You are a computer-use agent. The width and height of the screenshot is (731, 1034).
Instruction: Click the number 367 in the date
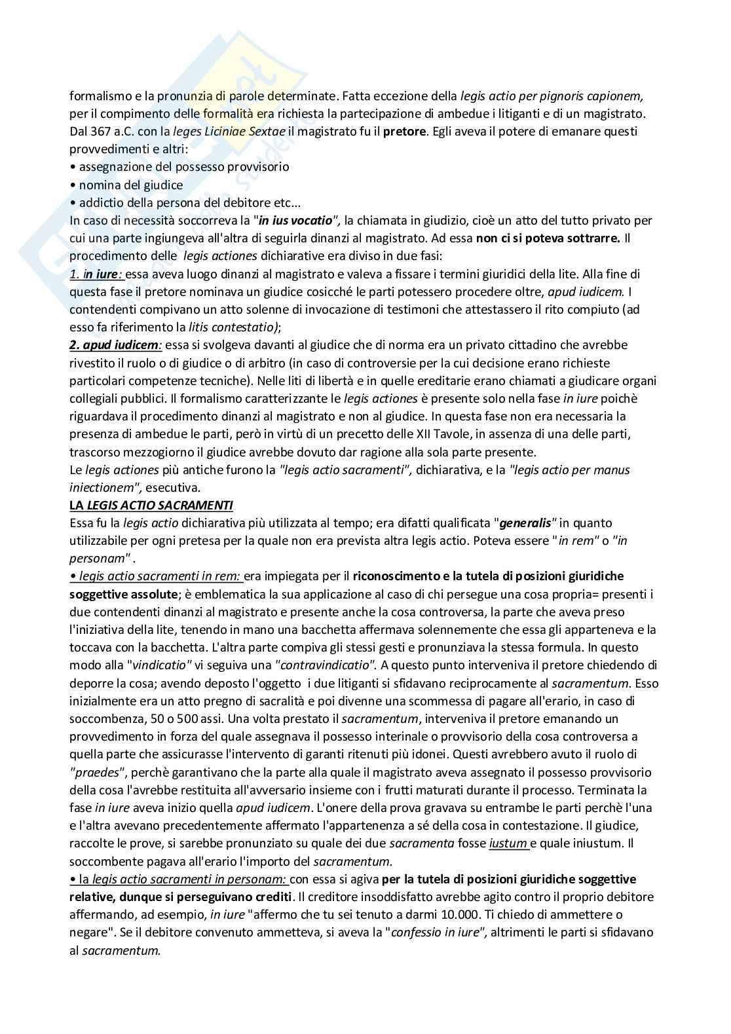(x=102, y=131)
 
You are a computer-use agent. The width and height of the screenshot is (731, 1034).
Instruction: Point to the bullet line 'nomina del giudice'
(x=130, y=185)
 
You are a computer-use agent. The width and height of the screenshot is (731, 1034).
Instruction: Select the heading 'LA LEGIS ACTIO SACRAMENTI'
(x=151, y=505)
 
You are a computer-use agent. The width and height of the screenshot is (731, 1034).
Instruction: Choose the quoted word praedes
(x=92, y=772)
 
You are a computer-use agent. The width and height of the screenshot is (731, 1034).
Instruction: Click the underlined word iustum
(x=508, y=843)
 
